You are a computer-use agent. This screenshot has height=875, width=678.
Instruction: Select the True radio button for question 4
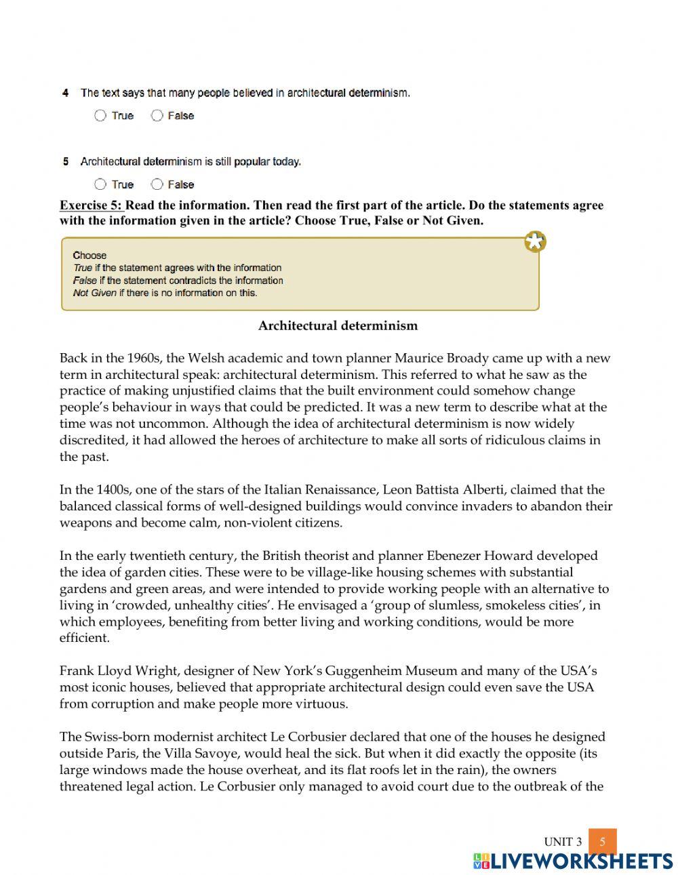[100, 116]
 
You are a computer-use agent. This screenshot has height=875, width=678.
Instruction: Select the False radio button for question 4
[157, 116]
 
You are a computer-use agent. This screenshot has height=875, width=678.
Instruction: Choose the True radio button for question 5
[100, 184]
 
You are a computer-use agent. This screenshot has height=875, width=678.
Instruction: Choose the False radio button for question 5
[157, 184]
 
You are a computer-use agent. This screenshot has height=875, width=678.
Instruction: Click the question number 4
[65, 93]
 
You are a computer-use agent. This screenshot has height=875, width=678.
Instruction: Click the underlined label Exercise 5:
[92, 205]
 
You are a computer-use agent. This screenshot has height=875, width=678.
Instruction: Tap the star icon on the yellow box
[535, 241]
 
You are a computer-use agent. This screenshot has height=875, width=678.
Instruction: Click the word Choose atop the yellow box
[89, 256]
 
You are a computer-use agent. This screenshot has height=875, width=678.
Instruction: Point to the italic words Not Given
[94, 293]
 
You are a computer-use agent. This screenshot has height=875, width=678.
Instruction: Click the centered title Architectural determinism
[338, 326]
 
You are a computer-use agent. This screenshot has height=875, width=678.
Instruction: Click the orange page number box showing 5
[602, 842]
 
